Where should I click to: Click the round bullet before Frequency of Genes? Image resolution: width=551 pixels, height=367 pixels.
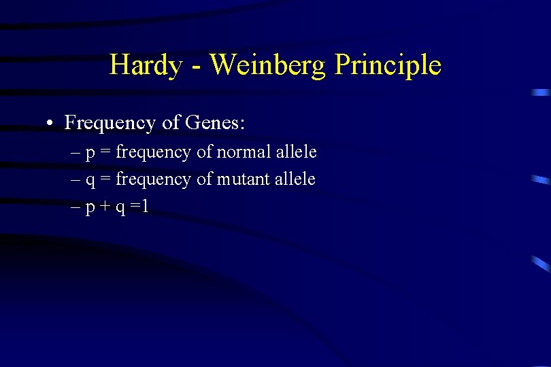50,124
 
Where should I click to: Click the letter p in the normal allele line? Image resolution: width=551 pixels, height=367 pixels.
90,154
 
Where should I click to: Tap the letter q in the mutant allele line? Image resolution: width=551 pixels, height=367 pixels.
90,181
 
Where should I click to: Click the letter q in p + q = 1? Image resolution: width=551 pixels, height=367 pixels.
120,209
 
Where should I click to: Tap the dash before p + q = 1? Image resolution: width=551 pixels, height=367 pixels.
76,207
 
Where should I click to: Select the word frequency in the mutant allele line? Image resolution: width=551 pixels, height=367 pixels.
154,179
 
